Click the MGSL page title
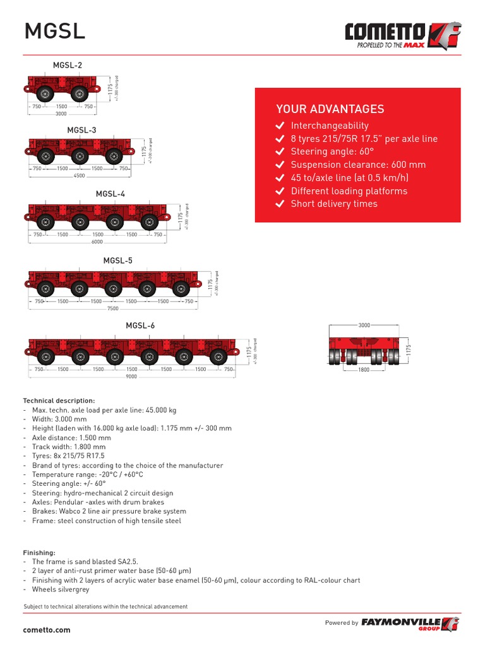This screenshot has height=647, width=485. coord(54,31)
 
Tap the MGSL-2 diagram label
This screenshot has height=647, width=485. coord(68,65)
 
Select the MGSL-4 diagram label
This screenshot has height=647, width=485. coord(111,194)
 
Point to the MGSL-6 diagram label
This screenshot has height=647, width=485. coord(140,326)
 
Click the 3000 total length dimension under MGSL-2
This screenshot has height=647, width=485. coord(61,114)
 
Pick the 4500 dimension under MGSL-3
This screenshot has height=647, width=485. coord(80,176)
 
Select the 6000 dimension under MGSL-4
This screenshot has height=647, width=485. coord(97,242)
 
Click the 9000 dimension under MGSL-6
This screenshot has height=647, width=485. coord(131,377)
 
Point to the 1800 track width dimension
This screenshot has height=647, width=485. coord(364,370)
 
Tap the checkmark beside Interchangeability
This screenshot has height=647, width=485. coord(280,126)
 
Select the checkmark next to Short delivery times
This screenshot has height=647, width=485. coord(280,204)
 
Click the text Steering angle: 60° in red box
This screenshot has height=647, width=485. coord(332,152)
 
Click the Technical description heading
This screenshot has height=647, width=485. coord(59,401)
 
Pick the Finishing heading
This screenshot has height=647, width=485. coord(39,552)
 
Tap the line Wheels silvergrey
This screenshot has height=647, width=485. coord(61,590)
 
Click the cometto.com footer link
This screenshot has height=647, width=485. coord(47,630)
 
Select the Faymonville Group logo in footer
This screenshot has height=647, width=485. coord(410,624)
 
